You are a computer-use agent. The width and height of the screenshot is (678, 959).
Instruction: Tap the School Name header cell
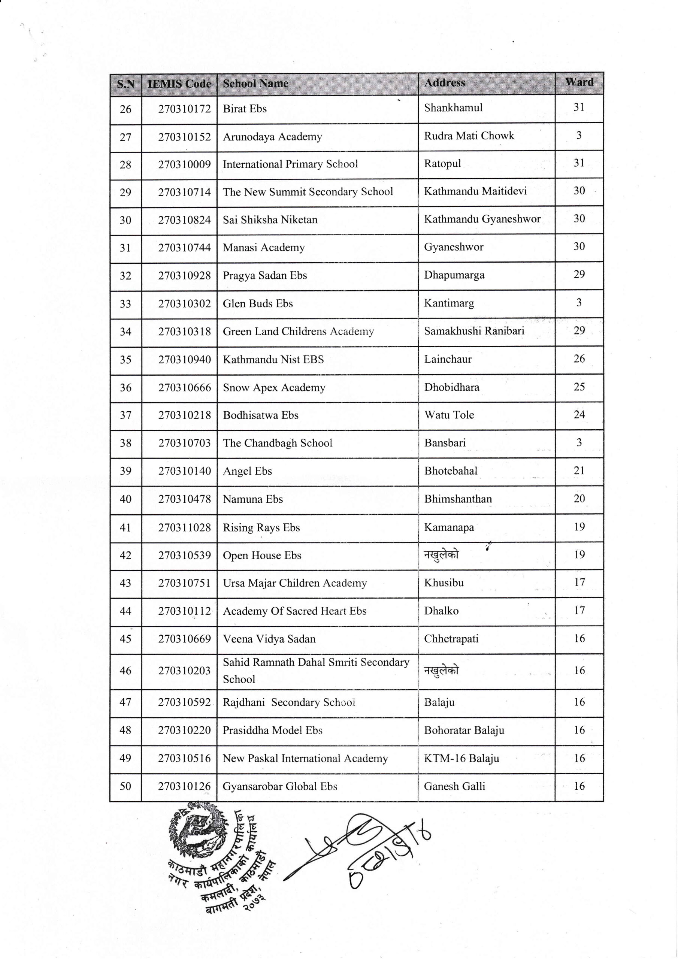point(255,84)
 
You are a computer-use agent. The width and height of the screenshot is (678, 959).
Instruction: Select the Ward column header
point(579,82)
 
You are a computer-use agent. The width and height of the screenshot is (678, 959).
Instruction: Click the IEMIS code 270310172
point(184,109)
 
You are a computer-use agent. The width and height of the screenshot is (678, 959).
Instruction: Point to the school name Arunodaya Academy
point(272,137)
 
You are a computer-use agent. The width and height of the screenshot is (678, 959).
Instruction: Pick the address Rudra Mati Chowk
point(469,136)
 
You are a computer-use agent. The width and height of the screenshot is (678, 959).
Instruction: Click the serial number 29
point(125,193)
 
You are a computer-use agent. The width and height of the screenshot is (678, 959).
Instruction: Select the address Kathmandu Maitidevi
point(475,191)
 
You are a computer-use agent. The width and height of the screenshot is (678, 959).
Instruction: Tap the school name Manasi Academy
point(264,248)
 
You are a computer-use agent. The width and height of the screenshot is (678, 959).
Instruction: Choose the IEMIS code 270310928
point(184,276)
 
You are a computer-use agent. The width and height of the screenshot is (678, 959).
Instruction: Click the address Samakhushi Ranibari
point(474,331)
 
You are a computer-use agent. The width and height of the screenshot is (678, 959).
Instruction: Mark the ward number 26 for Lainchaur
point(579,359)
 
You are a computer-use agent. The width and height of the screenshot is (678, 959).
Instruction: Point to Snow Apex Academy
point(273,388)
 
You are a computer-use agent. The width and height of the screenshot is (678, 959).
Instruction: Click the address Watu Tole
point(449,415)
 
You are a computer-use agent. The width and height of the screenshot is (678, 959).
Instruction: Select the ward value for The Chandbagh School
point(579,443)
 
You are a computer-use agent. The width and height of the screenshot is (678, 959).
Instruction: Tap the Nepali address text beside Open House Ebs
point(441,555)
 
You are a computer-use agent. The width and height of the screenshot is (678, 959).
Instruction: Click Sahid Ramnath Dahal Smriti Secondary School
point(315,671)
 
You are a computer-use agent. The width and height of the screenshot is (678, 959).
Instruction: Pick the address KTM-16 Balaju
point(461,758)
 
